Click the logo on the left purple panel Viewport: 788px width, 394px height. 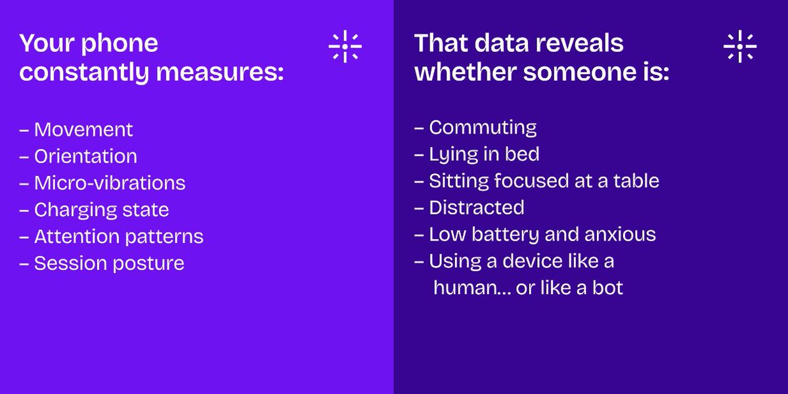click(345, 47)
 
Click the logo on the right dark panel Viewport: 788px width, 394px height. click(739, 47)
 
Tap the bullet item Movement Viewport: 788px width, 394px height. click(83, 129)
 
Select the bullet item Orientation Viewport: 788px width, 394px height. click(85, 156)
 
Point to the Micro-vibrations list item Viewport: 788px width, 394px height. click(109, 183)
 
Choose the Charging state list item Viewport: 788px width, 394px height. click(101, 209)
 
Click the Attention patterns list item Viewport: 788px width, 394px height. click(118, 236)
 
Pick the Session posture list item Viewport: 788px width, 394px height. click(109, 263)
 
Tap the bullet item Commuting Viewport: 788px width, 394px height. click(482, 127)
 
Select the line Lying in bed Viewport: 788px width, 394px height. click(484, 154)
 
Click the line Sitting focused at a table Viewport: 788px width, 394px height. click(544, 181)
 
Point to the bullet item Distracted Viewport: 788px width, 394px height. click(476, 208)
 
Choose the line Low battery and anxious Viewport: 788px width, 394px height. click(542, 234)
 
